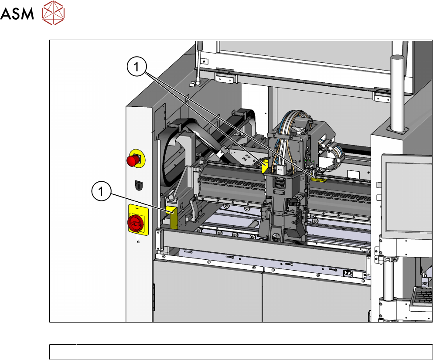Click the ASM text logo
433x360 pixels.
pyautogui.click(x=17, y=14)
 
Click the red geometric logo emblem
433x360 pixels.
pyautogui.click(x=53, y=13)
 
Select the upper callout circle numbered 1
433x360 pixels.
pyautogui.click(x=136, y=67)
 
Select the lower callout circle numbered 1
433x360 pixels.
pyautogui.click(x=101, y=191)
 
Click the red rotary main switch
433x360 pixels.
pyautogui.click(x=135, y=223)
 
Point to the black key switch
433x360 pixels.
pyautogui.click(x=139, y=185)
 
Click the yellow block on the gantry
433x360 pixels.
pyautogui.click(x=265, y=166)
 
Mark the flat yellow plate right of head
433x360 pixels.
pyautogui.click(x=319, y=180)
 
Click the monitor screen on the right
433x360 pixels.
pyautogui.click(x=409, y=197)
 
